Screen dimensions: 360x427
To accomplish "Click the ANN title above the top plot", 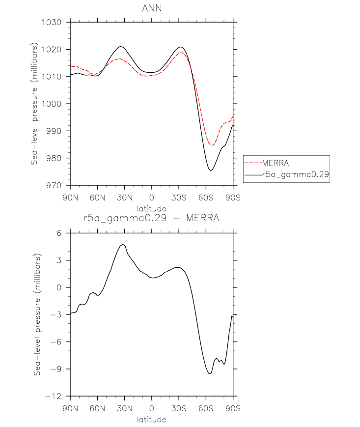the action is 152,8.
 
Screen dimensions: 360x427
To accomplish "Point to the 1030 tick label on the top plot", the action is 52,22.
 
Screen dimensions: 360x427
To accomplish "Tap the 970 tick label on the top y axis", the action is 54,185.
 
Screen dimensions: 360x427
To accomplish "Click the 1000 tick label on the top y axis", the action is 52,104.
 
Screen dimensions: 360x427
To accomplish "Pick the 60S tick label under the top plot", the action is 206,198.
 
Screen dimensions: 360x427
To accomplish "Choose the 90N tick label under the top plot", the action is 70,198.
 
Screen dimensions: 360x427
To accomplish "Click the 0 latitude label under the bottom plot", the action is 152,408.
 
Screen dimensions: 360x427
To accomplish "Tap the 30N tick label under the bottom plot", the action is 125,408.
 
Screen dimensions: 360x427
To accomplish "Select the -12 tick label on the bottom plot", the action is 54,397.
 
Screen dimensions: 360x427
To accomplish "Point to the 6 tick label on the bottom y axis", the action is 59,233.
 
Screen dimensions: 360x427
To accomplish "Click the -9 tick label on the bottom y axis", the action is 56,370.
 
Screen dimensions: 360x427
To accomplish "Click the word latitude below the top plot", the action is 152,209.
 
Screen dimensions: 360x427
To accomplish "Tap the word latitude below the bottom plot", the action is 152,419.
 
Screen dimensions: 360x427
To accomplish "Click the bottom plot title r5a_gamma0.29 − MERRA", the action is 151,218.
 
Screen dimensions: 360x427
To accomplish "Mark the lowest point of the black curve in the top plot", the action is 211,171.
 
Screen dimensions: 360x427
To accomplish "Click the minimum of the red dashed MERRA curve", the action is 212,145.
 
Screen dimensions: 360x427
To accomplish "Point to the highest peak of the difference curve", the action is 123,245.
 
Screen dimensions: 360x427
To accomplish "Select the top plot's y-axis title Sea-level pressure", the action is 34,104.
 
